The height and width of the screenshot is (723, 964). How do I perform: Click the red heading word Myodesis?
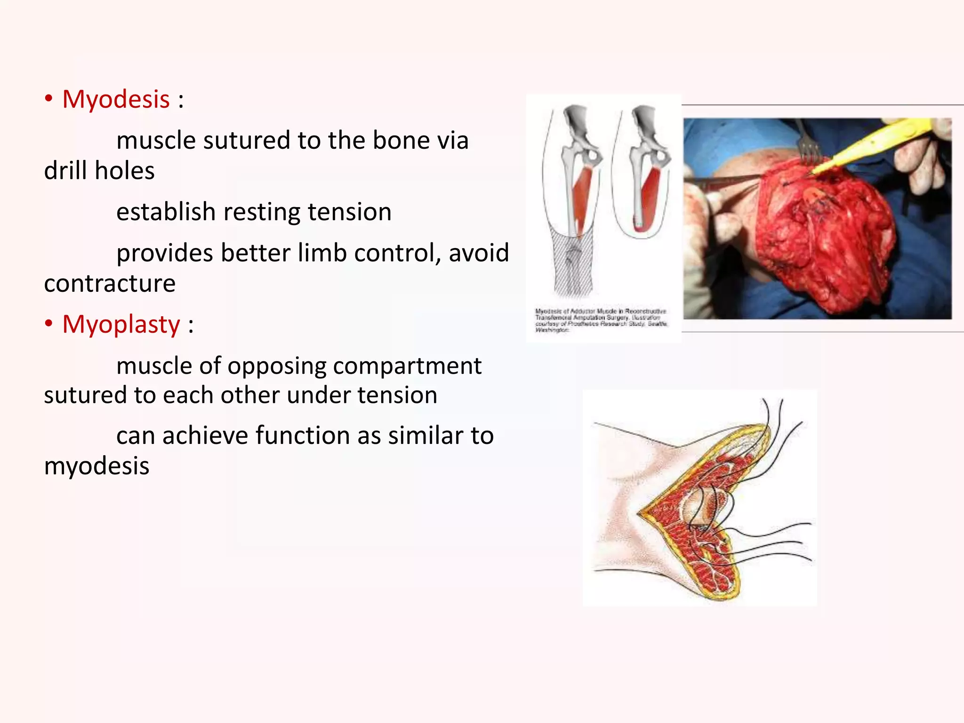116,99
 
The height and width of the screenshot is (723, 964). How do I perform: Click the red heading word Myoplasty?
121,324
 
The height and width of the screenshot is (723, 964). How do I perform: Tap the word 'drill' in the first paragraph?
65,170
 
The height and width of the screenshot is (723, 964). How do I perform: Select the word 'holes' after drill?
125,170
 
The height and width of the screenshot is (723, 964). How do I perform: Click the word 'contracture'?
110,283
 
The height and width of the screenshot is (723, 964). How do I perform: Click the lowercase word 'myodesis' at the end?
96,466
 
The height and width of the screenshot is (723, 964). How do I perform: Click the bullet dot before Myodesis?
48,99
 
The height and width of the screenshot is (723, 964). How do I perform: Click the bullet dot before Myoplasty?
48,324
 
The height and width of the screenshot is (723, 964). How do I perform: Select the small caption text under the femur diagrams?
601,321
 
